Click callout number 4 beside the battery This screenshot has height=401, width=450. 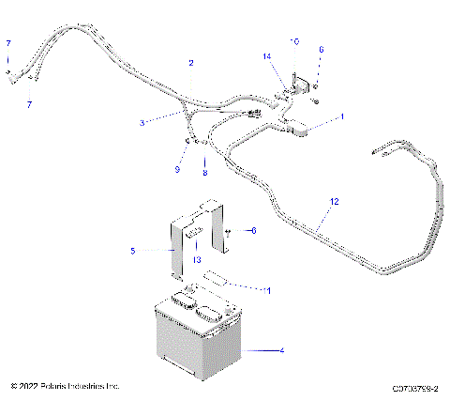280,350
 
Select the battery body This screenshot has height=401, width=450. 196,343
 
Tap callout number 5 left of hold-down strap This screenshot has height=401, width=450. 132,251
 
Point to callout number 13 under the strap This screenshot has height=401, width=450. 197,259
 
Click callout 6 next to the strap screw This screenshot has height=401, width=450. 252,229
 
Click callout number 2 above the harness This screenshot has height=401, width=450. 191,63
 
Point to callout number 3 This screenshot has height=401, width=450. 142,121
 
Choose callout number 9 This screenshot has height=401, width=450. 175,169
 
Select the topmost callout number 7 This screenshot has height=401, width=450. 8,44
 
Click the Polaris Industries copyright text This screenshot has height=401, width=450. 65,386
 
